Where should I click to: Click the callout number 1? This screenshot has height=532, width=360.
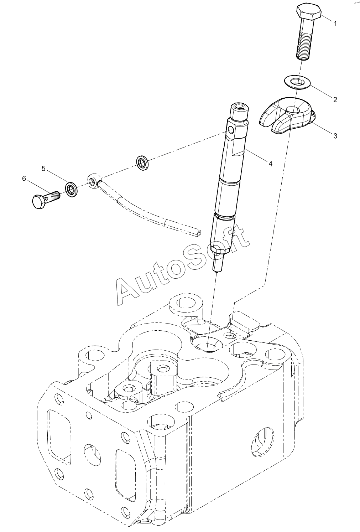(x=335, y=23)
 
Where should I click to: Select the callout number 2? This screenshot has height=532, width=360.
(x=335, y=99)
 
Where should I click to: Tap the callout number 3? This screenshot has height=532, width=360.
(x=335, y=136)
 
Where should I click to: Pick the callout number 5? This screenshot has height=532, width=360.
(x=43, y=169)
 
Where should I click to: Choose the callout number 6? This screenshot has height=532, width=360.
(x=24, y=179)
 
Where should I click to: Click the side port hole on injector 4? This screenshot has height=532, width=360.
(x=230, y=129)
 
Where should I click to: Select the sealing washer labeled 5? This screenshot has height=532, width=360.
(x=71, y=189)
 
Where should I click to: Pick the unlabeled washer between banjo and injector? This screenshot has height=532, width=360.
(x=143, y=163)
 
